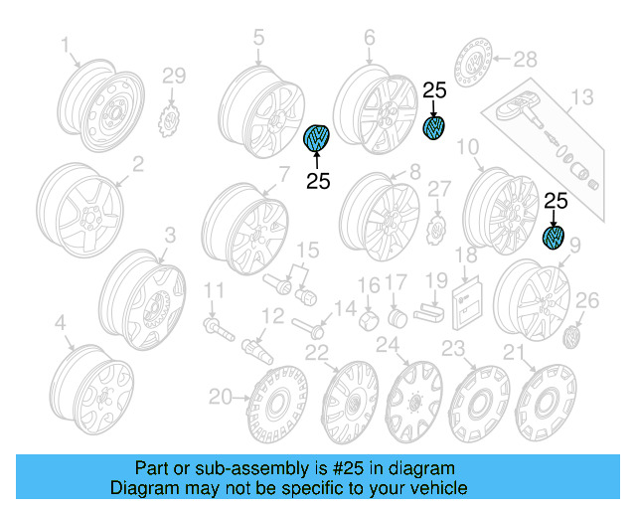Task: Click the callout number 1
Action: click(67, 45)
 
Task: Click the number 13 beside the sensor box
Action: click(580, 97)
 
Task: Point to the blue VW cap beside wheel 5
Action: click(318, 140)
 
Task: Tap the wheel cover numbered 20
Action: click(275, 408)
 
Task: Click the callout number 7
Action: click(283, 174)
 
